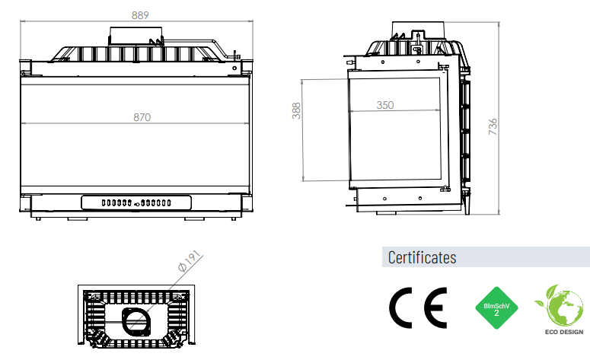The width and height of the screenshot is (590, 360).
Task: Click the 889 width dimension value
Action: (x=140, y=15)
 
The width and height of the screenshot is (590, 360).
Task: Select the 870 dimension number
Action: (x=142, y=117)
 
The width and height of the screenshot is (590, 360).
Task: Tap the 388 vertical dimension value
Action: (x=296, y=110)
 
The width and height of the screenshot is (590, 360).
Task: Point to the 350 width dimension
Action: (x=385, y=105)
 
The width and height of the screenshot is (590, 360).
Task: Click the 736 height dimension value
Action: (x=493, y=126)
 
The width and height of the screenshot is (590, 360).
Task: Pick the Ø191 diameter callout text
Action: (x=190, y=260)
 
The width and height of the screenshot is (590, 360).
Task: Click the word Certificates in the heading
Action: (x=422, y=258)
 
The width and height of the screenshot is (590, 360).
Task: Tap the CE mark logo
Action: (x=418, y=307)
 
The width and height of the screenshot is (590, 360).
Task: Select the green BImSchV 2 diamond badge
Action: (x=496, y=307)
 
